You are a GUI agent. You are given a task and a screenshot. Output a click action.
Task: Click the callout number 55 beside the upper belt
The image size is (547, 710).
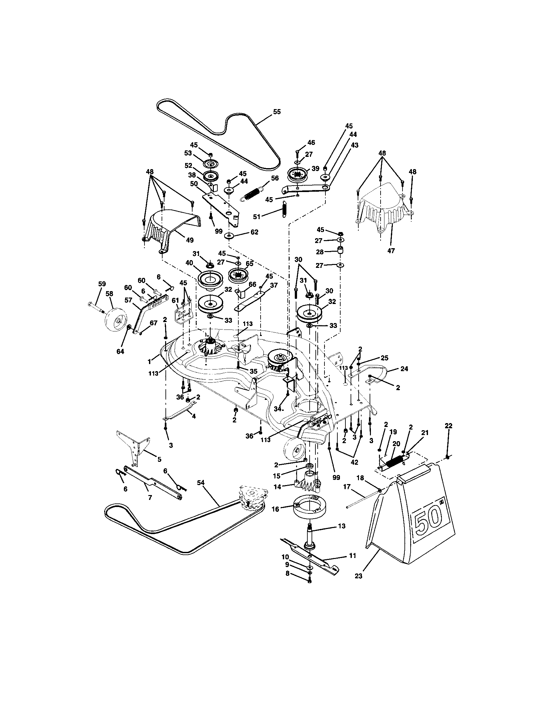click(277, 112)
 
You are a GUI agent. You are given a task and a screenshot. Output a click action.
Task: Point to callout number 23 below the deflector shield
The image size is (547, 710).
click(358, 576)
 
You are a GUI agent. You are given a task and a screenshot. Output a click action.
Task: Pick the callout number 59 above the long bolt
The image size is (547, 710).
click(102, 284)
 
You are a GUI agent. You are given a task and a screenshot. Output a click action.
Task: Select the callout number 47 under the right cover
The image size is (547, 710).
click(391, 251)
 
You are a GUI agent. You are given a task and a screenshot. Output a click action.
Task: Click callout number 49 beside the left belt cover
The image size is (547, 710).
click(189, 240)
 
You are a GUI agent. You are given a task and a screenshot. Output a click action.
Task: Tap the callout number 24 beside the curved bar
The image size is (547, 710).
click(404, 369)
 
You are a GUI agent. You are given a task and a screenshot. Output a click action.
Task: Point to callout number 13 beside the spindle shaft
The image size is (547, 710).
click(341, 526)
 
